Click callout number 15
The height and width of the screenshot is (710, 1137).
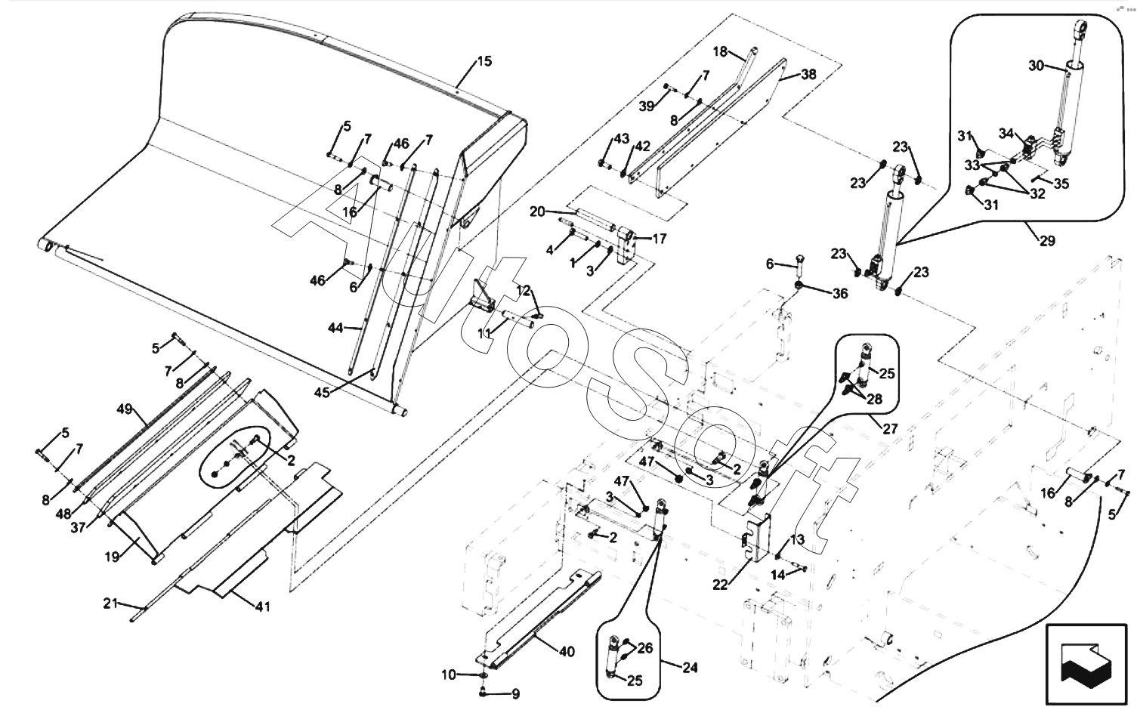(484, 61)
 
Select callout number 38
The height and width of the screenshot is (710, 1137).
(808, 75)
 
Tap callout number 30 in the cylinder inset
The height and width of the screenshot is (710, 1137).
(1036, 66)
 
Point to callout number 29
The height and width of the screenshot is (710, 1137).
(1047, 241)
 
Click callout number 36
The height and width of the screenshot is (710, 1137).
(840, 294)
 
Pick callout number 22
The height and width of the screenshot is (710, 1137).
(721, 584)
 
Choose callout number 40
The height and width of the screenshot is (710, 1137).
(567, 652)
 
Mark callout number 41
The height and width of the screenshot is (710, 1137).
(262, 606)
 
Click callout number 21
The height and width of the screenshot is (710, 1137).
(111, 603)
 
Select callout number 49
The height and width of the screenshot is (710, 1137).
(125, 410)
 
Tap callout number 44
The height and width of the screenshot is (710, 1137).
(335, 328)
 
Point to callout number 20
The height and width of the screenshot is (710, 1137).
(537, 211)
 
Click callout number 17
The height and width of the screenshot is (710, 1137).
(659, 239)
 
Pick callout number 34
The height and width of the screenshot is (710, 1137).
(1006, 134)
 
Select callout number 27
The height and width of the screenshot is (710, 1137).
(890, 428)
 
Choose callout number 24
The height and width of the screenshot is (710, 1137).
(689, 668)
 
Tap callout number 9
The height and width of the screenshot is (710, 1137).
(516, 693)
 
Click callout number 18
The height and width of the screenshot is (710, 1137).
(720, 51)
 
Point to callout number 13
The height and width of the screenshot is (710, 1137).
(798, 539)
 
